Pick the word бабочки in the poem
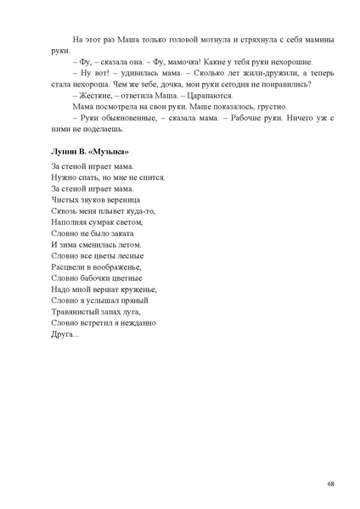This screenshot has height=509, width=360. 95,277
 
